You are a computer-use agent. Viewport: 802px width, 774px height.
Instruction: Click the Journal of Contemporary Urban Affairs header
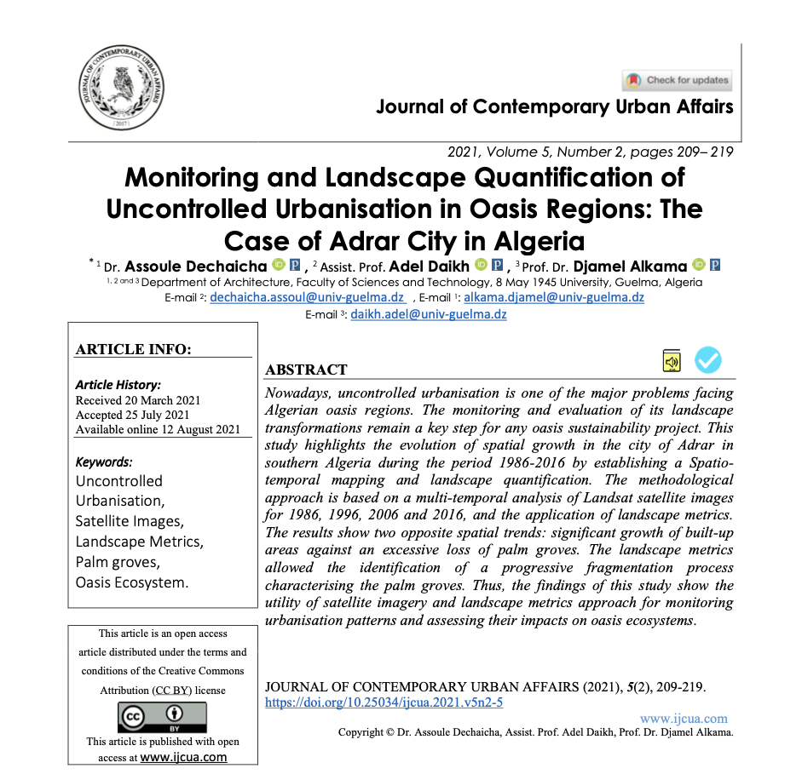click(x=555, y=107)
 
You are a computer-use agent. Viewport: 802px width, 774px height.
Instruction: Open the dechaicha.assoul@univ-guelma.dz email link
click(x=307, y=298)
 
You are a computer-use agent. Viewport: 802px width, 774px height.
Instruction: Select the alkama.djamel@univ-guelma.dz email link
click(x=554, y=298)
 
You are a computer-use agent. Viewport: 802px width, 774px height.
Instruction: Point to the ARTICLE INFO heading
click(x=133, y=349)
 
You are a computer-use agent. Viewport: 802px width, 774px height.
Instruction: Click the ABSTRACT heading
click(x=306, y=370)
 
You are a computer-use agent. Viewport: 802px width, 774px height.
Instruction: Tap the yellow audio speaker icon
click(x=672, y=361)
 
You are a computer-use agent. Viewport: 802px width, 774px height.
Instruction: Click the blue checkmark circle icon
click(x=708, y=360)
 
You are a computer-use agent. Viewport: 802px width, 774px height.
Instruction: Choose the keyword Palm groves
click(x=118, y=562)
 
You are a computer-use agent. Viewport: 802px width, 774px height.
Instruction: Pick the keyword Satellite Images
click(x=129, y=521)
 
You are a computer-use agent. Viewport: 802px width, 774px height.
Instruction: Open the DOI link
click(x=384, y=702)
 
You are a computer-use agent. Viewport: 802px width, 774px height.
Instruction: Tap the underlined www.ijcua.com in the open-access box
click(x=183, y=757)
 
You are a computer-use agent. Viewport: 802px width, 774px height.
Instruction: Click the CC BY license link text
click(x=172, y=691)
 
